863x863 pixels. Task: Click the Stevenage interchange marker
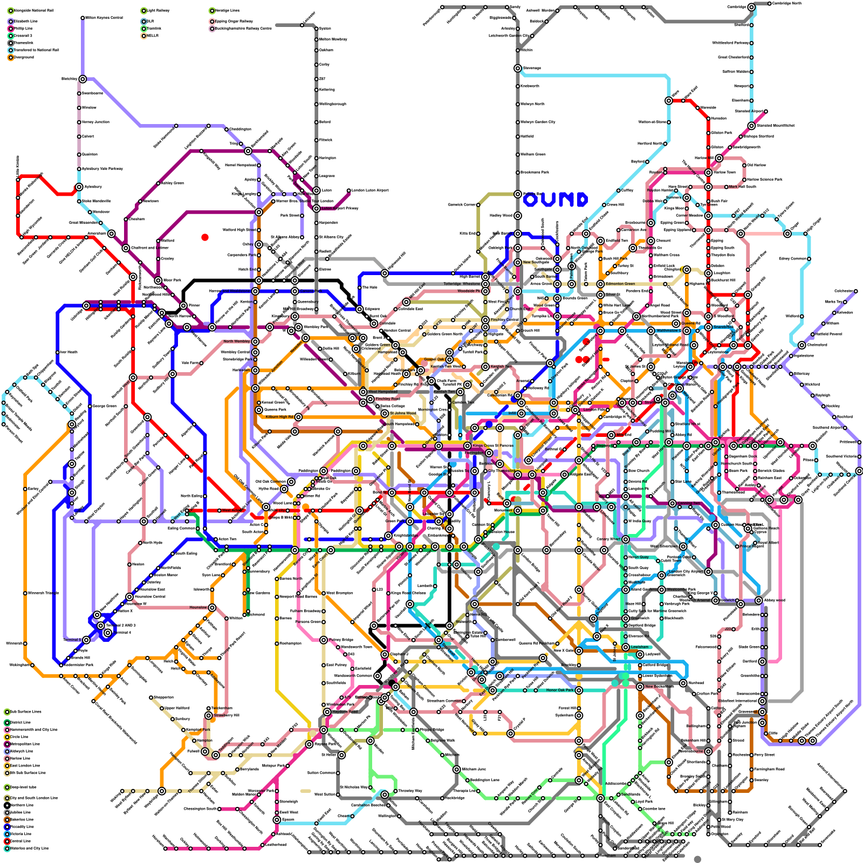[x=518, y=69]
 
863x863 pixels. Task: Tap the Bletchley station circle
[x=83, y=79]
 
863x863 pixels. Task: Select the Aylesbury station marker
[x=79, y=187]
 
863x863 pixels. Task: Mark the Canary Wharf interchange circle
[x=626, y=539]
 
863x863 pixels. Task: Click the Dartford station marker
[x=762, y=661]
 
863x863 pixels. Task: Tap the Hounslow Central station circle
[x=129, y=597]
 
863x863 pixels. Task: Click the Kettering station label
[x=327, y=90]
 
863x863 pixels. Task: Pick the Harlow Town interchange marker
[x=708, y=173]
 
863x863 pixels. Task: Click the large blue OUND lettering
[x=555, y=200]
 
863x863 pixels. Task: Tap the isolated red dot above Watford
[x=205, y=237]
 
